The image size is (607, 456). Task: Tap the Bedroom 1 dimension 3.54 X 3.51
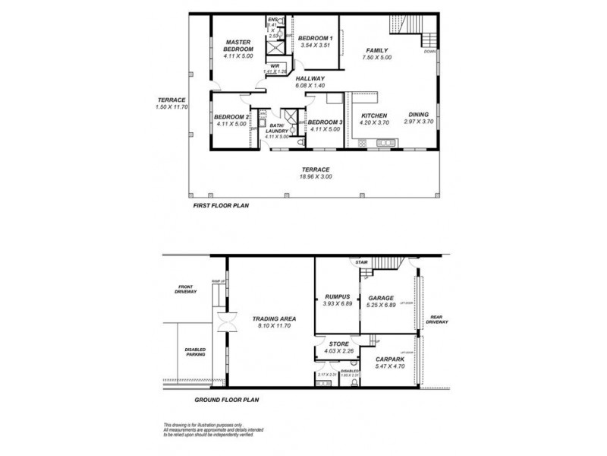click(315, 46)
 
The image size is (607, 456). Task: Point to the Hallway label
click(310, 78)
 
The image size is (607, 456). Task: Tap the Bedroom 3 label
click(325, 122)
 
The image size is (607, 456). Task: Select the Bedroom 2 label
click(231, 116)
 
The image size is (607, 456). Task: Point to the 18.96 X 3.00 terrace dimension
click(315, 177)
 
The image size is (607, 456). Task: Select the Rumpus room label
click(336, 298)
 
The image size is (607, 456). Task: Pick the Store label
click(338, 344)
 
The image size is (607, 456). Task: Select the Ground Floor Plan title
click(228, 398)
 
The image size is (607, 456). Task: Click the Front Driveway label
click(186, 290)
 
